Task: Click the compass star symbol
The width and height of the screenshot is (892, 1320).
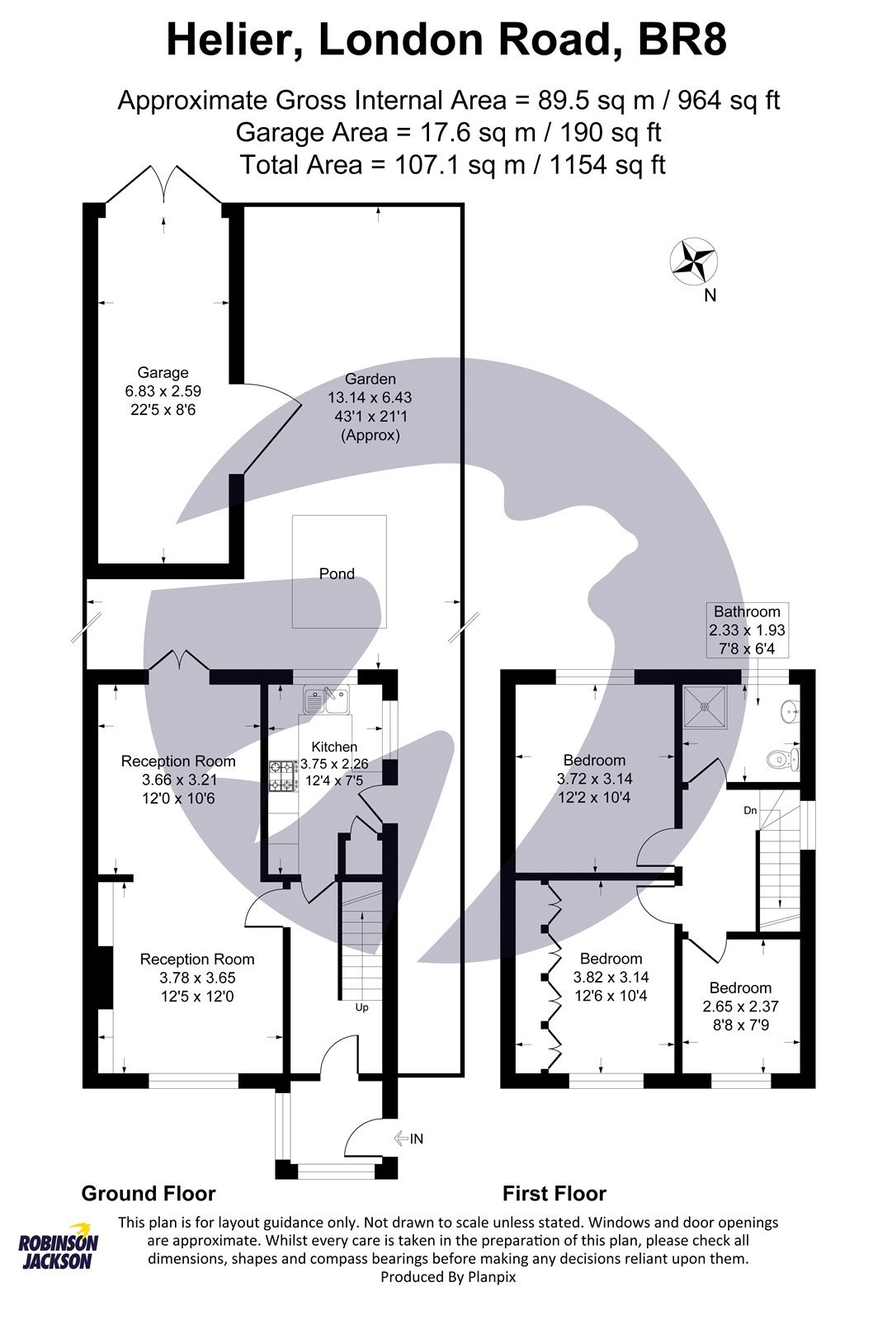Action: (x=692, y=262)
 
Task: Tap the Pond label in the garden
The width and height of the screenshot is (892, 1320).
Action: (x=337, y=573)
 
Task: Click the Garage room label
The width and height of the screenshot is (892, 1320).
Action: (x=163, y=373)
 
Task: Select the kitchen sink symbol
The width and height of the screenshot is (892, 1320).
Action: (x=326, y=700)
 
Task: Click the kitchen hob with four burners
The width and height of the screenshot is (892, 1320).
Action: (x=282, y=775)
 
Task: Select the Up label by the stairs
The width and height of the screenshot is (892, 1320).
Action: (x=361, y=1007)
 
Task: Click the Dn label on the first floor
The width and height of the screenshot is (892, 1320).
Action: (x=749, y=810)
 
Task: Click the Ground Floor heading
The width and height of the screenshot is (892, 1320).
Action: (x=149, y=1194)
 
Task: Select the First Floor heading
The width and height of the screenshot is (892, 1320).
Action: (x=554, y=1194)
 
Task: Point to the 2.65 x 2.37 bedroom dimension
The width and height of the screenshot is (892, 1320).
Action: (x=740, y=1006)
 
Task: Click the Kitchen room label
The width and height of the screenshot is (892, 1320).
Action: (x=334, y=747)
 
